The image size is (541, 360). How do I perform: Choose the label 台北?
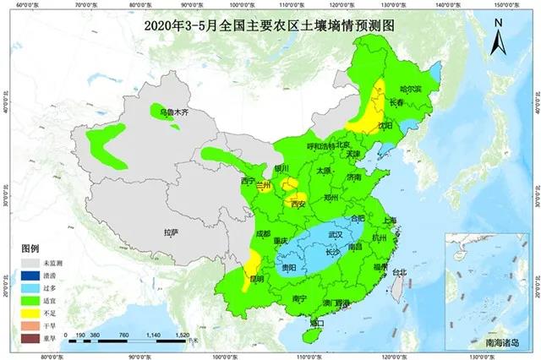(400, 272)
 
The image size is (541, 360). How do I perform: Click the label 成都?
(262, 234)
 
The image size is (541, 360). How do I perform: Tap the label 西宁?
(247, 181)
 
